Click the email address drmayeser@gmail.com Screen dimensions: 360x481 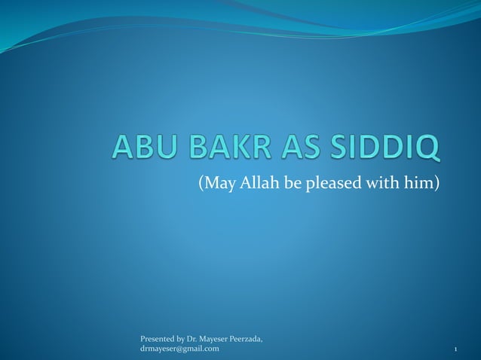179,349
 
